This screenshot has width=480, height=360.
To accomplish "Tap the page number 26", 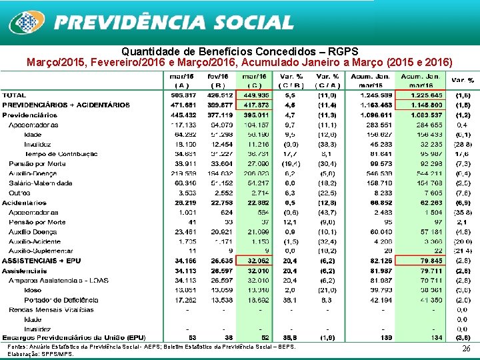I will (x=466, y=349).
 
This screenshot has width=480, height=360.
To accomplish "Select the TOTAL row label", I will (x=15, y=95).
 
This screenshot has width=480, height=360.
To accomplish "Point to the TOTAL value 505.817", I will (x=181, y=95).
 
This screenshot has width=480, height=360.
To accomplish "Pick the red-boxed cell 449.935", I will (x=255, y=95).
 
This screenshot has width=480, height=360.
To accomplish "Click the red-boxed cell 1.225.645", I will (x=422, y=95).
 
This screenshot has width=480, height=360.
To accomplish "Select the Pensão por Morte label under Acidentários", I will (x=37, y=221).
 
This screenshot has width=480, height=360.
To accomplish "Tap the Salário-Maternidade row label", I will (x=41, y=183).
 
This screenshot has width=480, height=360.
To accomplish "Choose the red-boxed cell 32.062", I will (x=255, y=261).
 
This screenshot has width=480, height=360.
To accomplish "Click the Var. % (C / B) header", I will (x=291, y=81).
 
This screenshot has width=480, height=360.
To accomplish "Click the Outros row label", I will (x=21, y=192).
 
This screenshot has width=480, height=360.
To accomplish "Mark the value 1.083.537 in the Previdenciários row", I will (x=422, y=115).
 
